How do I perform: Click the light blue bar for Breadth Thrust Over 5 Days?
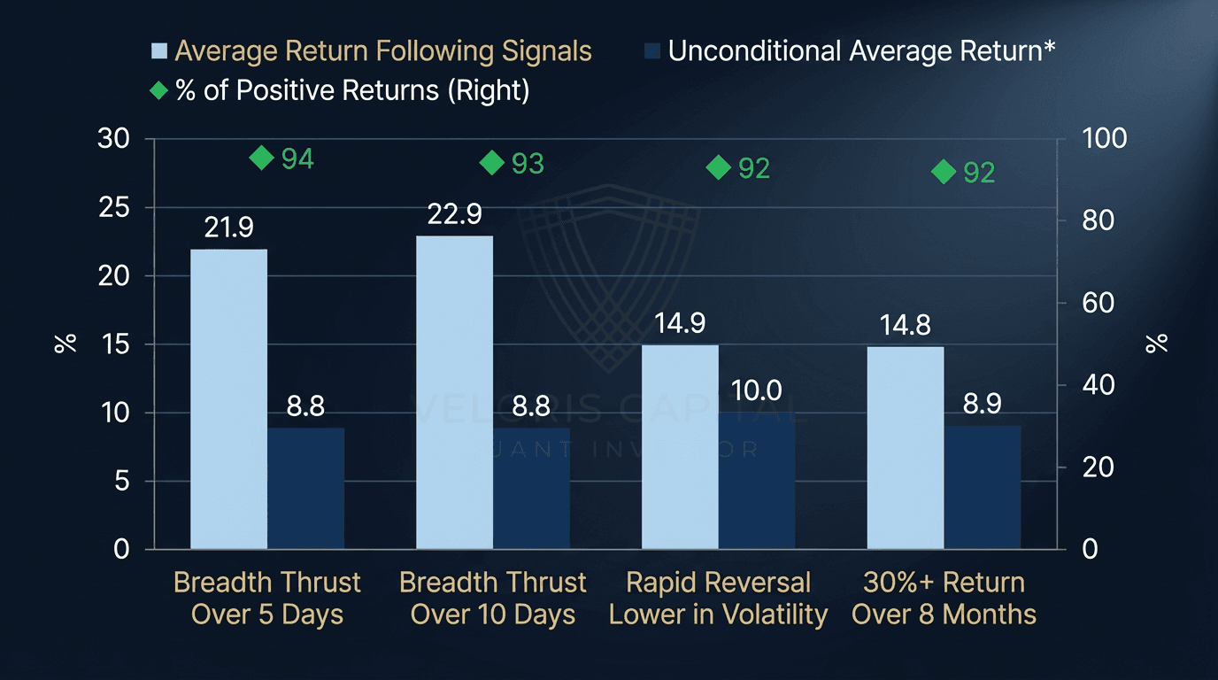pyautogui.click(x=228, y=399)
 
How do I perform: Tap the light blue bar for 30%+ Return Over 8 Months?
pyautogui.click(x=906, y=448)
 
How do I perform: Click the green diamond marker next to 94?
pyautogui.click(x=262, y=158)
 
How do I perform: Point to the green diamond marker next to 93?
pyautogui.click(x=492, y=162)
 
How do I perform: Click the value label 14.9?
pyautogui.click(x=680, y=324)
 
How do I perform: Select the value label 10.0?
pyautogui.click(x=756, y=390)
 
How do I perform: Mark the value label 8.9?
pyautogui.click(x=982, y=405)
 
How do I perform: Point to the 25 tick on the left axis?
pyautogui.click(x=113, y=207)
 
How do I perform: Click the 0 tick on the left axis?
pyautogui.click(x=121, y=549)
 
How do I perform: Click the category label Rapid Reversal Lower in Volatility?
pyautogui.click(x=718, y=599)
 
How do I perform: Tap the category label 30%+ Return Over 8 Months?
pyautogui.click(x=944, y=599)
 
